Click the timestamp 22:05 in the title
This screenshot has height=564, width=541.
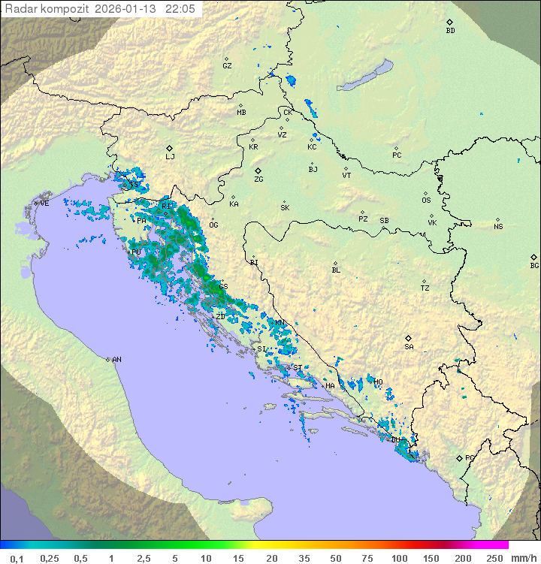181,8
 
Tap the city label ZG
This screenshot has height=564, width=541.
258,179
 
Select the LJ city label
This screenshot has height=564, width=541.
170,157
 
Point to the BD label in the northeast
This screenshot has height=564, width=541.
450,31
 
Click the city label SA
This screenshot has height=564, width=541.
409,347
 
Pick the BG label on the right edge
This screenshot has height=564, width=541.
534,265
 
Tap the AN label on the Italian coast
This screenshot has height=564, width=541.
116,360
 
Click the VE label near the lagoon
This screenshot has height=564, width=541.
44,204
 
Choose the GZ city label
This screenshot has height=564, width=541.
227,66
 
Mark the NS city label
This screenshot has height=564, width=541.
498,227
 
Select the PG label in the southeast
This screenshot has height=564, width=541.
470,457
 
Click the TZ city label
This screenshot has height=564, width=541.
425,288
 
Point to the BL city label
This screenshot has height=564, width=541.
336,270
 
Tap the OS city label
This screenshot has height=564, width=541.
426,201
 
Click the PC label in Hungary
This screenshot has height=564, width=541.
397,155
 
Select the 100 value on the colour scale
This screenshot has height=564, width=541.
399,558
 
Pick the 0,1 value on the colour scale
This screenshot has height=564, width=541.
17,558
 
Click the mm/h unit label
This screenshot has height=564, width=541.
523,558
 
